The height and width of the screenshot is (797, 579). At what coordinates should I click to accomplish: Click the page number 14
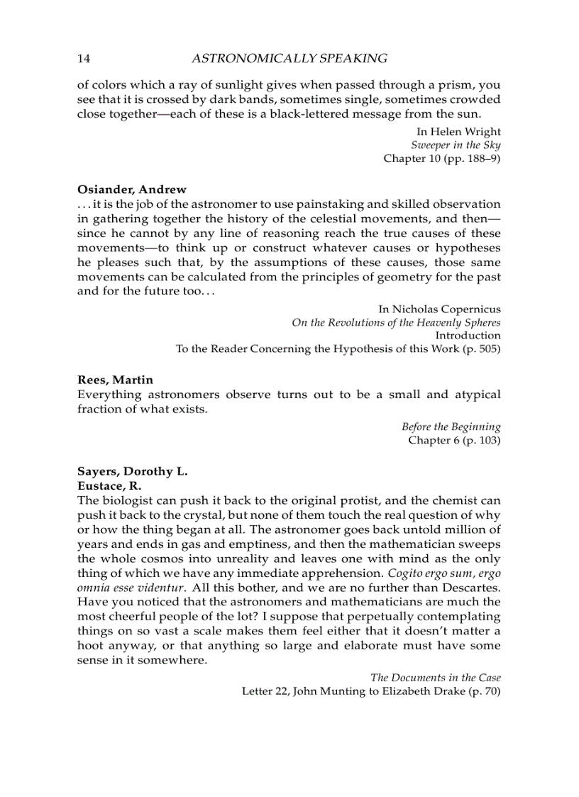coord(83,59)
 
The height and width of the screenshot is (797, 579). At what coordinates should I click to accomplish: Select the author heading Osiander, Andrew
coord(132,189)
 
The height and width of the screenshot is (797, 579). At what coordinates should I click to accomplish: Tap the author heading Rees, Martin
coord(115,380)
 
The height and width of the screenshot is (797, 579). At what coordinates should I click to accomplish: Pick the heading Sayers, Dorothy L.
coord(132,472)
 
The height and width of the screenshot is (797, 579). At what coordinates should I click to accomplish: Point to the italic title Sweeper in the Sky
coord(456,145)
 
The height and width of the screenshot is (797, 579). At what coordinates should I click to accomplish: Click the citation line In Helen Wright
coord(458,131)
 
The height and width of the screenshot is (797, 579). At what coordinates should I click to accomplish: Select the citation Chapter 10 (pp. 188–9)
coord(442,158)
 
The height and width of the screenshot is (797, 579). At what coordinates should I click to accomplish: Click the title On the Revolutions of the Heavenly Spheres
coord(396,322)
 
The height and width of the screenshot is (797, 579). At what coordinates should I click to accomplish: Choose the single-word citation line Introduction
coord(468,335)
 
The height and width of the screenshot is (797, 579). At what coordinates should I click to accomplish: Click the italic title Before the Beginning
coord(451,427)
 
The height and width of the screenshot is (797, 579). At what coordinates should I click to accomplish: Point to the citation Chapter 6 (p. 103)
coord(454,440)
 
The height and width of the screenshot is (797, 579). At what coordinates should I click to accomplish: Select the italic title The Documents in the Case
coord(436,678)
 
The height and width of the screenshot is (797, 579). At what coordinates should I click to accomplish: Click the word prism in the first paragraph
coord(448,85)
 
